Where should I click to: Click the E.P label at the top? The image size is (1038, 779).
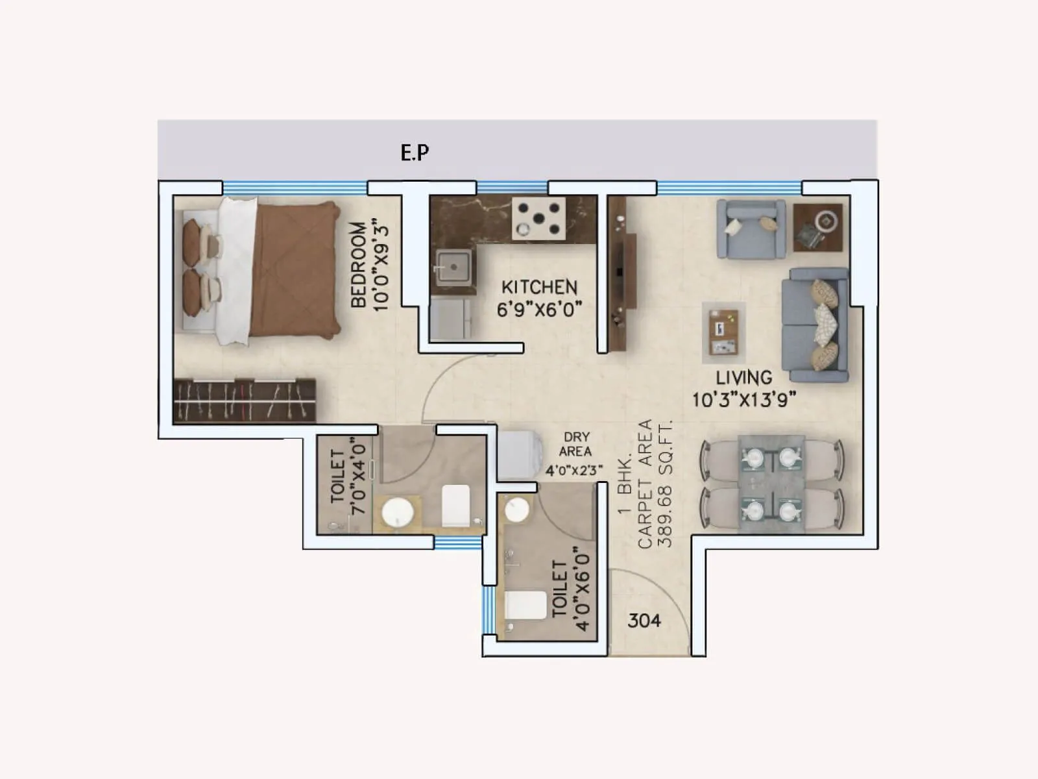tap(415, 153)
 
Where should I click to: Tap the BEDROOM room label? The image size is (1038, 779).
tap(358, 265)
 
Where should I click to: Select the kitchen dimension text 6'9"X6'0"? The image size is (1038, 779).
tap(539, 309)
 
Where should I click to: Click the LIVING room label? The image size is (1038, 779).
tap(743, 377)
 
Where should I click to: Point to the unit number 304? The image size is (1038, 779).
tap(644, 621)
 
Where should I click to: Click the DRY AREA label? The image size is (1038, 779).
tap(575, 444)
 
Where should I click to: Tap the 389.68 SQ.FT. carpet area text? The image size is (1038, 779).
tap(666, 484)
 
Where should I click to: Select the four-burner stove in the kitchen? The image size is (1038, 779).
tap(538, 219)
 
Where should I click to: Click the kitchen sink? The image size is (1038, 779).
tap(452, 266)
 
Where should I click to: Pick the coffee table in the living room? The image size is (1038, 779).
tap(723, 332)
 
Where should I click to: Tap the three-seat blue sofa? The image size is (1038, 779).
tap(815, 325)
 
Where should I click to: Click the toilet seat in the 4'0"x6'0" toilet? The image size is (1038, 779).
tap(525, 605)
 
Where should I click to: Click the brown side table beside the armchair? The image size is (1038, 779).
tap(818, 227)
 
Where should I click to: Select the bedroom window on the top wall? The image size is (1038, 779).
tap(295, 188)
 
